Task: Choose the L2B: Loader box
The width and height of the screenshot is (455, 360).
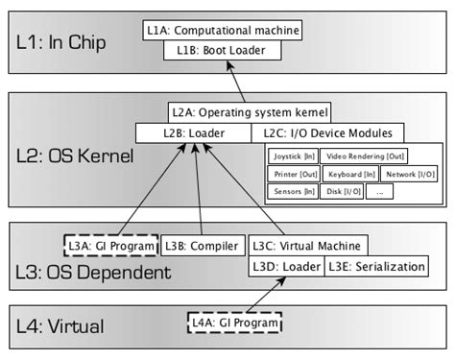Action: click(192, 132)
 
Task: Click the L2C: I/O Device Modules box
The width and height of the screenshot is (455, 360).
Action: click(327, 132)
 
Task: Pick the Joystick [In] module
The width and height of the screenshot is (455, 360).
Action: click(292, 156)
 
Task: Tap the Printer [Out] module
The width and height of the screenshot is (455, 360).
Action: click(292, 174)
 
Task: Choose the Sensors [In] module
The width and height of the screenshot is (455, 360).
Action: click(292, 192)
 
